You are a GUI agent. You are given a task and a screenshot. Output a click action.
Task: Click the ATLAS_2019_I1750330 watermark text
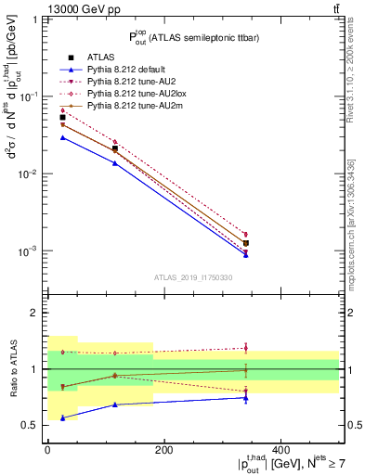[x=193, y=277]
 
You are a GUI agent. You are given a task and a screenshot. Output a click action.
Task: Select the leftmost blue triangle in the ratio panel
[x=63, y=417]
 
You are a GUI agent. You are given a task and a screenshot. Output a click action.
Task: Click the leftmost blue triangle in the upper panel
[x=63, y=137]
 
